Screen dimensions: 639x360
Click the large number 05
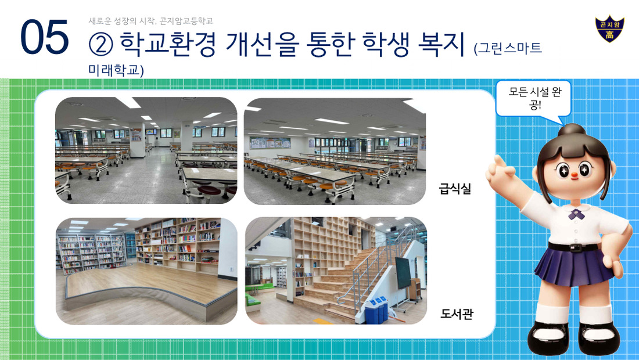[44, 37]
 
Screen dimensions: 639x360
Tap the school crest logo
[609, 29]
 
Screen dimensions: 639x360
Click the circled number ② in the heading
[100, 45]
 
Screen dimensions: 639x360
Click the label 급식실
[455, 189]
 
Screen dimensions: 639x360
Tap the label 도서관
[457, 314]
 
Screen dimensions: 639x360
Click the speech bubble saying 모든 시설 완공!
[533, 99]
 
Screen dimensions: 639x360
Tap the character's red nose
[574, 175]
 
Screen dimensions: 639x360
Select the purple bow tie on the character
[576, 214]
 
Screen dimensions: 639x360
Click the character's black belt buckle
[575, 247]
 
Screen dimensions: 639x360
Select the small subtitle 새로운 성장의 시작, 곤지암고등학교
[151, 21]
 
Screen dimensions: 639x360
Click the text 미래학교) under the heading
[116, 70]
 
